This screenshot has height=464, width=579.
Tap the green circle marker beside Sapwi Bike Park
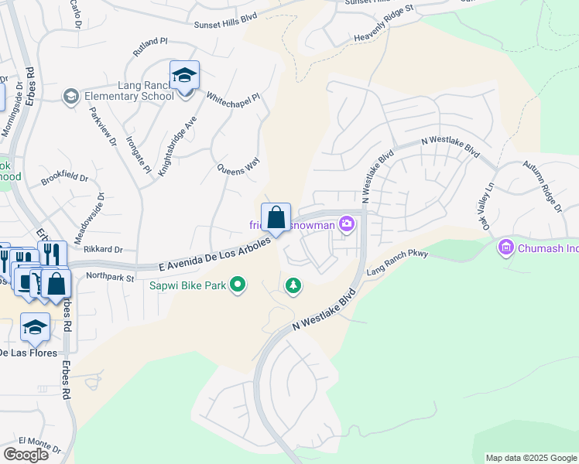click(x=238, y=286)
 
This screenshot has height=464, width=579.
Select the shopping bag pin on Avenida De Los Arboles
click(x=276, y=219)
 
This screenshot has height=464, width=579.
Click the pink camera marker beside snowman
click(x=347, y=225)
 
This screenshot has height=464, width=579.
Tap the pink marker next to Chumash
click(x=506, y=247)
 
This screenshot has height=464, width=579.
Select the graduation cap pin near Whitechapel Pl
click(x=185, y=78)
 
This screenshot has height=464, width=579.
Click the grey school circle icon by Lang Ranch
click(x=70, y=96)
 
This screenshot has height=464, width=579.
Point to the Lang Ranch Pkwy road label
click(x=397, y=262)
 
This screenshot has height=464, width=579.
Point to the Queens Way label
click(x=238, y=167)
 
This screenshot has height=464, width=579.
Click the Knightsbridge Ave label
click(x=178, y=146)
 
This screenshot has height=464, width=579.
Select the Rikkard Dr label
click(x=102, y=249)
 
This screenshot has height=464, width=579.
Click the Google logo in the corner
click(x=26, y=455)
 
